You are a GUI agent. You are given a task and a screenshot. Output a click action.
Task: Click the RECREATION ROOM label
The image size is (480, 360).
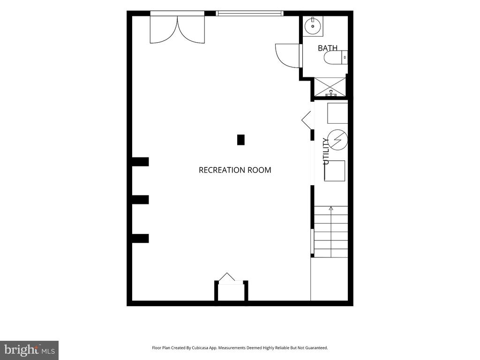(235, 170)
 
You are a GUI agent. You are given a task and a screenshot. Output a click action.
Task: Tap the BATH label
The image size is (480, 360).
(328, 48)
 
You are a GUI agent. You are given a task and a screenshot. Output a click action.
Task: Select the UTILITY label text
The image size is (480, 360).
(326, 151)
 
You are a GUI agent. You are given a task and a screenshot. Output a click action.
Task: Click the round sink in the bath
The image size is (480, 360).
(313, 26)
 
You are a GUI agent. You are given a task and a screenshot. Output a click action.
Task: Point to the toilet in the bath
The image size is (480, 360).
(336, 58)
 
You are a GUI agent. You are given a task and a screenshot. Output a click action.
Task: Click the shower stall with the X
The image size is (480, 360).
(330, 87)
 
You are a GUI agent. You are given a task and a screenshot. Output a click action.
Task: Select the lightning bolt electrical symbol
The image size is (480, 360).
(337, 140)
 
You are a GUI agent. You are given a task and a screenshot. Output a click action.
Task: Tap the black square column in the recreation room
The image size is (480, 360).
(241, 140)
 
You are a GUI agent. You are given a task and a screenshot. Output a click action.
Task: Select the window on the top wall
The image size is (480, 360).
(249, 14)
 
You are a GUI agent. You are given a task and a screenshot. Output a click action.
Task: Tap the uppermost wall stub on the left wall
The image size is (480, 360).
(140, 162)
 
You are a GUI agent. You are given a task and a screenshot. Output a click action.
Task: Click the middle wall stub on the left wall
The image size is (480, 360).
(140, 200)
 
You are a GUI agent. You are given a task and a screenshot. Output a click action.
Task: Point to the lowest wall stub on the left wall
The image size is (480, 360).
(140, 239)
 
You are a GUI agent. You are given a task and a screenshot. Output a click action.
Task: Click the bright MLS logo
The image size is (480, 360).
(30, 350)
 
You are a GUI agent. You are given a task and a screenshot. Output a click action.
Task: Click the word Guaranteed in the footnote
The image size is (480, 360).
(317, 348)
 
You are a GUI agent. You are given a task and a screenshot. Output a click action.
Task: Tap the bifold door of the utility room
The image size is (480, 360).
(307, 120)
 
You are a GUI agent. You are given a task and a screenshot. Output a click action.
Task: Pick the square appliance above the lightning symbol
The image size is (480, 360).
(337, 113)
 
